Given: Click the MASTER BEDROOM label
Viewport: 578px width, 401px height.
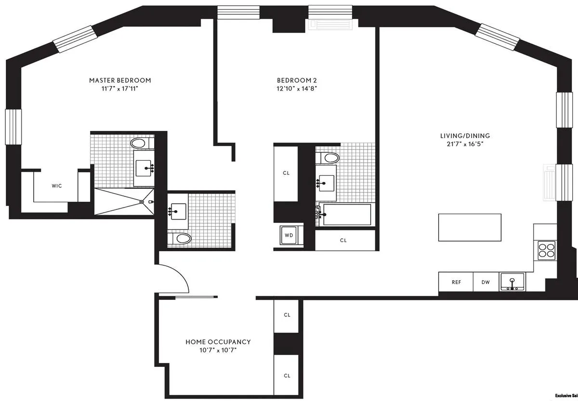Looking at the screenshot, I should click(120, 80).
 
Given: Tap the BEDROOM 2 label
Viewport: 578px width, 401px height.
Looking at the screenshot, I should click(297, 80).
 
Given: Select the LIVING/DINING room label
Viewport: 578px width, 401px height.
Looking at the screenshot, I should click(464, 136).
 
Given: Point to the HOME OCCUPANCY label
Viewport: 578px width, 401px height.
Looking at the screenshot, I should click(218, 342).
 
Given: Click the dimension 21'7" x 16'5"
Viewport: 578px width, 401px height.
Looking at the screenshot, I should click(464, 144).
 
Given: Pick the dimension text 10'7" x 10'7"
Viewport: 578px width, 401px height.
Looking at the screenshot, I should click(218, 350).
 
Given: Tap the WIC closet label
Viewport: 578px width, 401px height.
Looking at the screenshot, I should click(57, 185).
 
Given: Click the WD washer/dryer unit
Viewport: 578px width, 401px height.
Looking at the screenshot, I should click(289, 235).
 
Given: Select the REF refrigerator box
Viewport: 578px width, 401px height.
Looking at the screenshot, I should click(456, 282).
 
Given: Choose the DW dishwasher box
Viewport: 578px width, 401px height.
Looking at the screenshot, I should click(486, 282).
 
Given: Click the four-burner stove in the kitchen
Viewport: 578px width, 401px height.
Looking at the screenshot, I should click(546, 250).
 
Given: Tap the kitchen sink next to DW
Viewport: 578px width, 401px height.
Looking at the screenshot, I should click(512, 282).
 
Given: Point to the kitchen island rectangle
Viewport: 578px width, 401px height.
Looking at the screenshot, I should click(469, 227).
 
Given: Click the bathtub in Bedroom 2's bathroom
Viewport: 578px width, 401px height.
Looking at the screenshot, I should click(347, 214).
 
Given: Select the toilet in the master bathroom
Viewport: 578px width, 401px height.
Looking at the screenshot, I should click(140, 143).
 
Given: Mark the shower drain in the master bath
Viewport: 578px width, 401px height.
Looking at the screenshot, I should click(141, 202).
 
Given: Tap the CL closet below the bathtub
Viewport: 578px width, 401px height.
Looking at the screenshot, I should click(343, 240).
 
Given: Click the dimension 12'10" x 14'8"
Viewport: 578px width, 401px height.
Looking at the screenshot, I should click(297, 89).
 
